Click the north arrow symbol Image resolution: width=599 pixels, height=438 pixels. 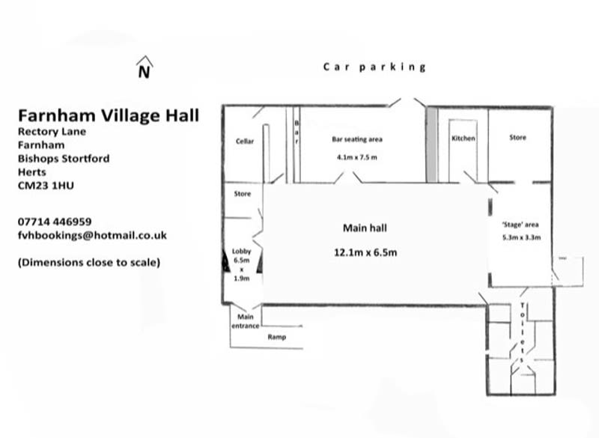coord(145,67)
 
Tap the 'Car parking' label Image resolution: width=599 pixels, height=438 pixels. coord(374,67)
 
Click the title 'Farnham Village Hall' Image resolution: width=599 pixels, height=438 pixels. coord(109,115)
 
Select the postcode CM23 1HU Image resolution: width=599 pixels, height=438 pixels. coord(46,186)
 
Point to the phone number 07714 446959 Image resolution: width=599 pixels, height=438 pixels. coord(55,222)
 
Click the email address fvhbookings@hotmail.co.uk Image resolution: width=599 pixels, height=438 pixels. coord(92,235)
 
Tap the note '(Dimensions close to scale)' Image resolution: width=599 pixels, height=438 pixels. coord(89,262)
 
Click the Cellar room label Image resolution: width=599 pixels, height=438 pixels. coord(245,142)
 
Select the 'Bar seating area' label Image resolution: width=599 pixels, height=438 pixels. coord(357,139)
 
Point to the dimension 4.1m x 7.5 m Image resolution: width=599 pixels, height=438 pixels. coord(357,157)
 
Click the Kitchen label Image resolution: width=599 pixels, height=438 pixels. coord(463,139)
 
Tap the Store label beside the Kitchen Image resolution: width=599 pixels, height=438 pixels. coord(517,138)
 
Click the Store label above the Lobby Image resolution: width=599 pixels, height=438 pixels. coord(243,194)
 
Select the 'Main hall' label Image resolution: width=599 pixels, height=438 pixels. coord(365,228)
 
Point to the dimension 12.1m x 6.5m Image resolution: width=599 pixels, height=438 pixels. coord(365,252)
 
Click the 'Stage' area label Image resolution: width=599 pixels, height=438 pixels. coord(520,225)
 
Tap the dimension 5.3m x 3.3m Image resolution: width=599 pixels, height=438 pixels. coord(521,237)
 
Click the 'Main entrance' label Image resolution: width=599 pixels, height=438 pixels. coord(246,321)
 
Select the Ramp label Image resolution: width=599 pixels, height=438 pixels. coord(277,337)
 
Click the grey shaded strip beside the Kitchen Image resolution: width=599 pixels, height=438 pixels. coord(432,145)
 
